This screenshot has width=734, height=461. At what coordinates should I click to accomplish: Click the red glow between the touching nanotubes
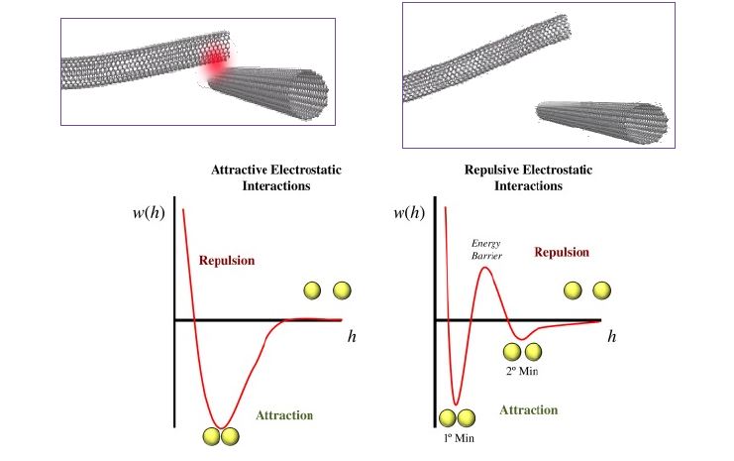coord(214,63)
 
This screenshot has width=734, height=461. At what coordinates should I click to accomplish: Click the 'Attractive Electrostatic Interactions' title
coord(276,178)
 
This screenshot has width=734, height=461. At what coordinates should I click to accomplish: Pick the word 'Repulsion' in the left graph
coord(227,261)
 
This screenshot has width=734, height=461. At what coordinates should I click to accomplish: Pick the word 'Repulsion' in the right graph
coord(562,253)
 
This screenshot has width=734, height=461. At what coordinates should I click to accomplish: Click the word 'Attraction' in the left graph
coord(284,415)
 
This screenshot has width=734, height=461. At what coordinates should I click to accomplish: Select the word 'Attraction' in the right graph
coord(528,409)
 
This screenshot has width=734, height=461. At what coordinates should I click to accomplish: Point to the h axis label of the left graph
coord(352,337)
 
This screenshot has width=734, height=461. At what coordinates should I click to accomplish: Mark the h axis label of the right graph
coord(612,337)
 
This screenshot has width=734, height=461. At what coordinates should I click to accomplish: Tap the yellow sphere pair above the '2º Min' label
coord(522,351)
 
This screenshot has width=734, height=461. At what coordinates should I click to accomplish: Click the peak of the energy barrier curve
coord(485,268)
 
